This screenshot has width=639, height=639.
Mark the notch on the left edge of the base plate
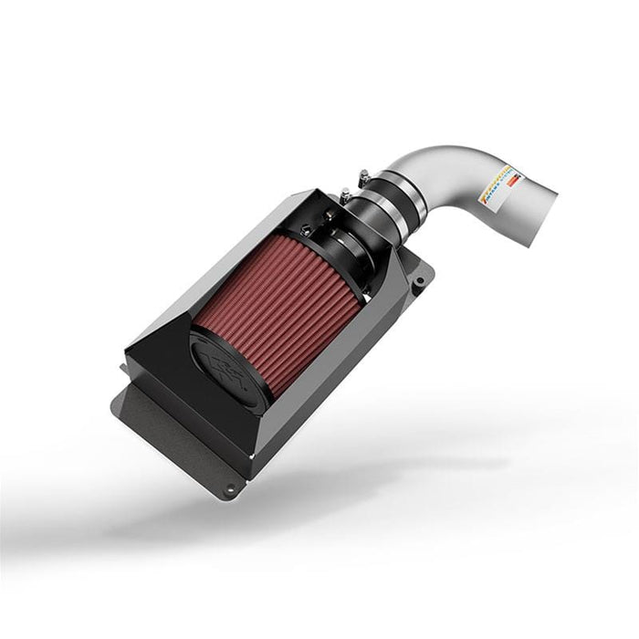click(x=122, y=370)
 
